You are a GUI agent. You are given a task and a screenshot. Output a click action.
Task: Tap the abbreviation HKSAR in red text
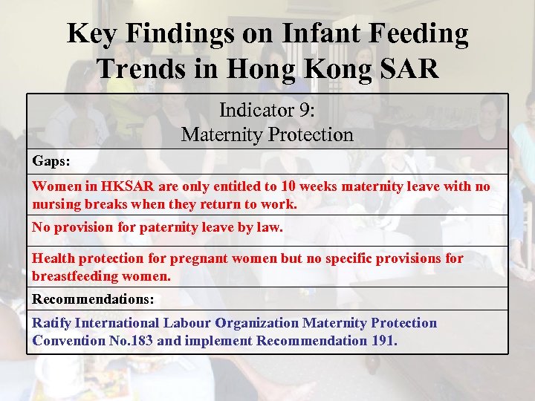[113, 187]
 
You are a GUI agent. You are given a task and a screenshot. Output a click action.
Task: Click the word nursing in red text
[55, 203]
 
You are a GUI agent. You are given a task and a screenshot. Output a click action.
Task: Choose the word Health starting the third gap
[53, 258]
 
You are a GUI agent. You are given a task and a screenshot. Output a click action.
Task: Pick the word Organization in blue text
[256, 323]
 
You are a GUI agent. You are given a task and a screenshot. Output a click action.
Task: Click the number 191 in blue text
[383, 341]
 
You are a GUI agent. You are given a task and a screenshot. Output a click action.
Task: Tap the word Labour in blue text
[187, 323]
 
